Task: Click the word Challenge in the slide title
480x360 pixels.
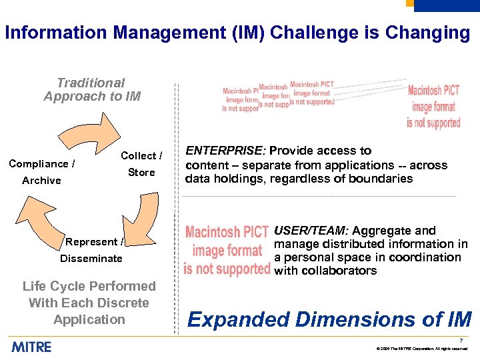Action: [306, 33]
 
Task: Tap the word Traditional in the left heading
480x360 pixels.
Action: [91, 83]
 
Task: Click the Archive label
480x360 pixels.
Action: [41, 181]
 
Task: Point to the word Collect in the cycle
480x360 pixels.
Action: [138, 156]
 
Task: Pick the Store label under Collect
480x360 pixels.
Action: [141, 173]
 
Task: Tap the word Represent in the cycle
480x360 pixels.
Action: [91, 242]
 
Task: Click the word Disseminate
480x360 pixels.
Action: [91, 259]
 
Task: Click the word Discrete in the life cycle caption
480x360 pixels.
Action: [121, 303]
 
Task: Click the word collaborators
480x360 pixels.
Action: [337, 271]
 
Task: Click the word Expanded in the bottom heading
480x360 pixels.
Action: [238, 320]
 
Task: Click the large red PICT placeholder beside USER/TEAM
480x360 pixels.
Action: [227, 251]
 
